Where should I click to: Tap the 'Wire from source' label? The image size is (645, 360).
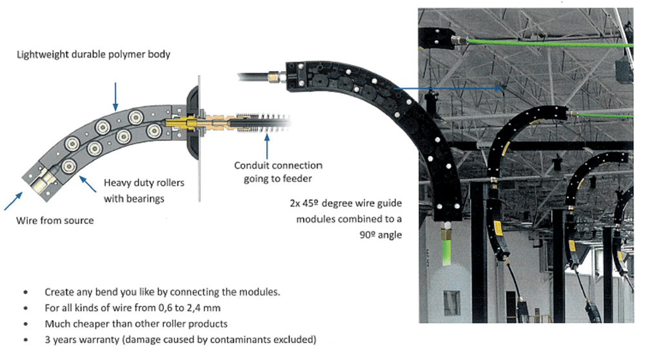coord(55,221)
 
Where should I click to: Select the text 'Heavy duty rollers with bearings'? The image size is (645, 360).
coord(143,190)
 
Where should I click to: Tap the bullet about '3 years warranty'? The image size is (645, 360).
coord(180,339)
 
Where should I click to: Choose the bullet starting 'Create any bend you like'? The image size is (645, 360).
coord(162,292)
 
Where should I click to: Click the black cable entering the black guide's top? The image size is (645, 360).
coord(255,77)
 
